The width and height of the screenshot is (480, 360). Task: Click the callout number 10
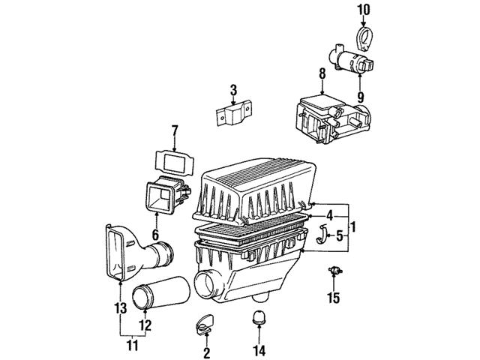pos(363,10)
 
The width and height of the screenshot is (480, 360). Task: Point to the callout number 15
pos(333,298)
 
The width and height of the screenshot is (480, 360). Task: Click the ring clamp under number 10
pos(364,34)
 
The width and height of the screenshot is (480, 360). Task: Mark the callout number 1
pos(353,225)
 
